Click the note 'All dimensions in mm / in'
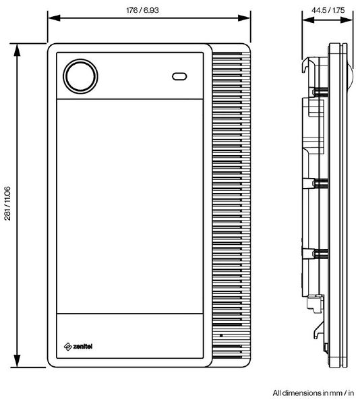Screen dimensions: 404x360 [313, 392]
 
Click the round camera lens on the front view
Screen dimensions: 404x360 [80, 76]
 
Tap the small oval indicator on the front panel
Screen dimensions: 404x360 [180, 76]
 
